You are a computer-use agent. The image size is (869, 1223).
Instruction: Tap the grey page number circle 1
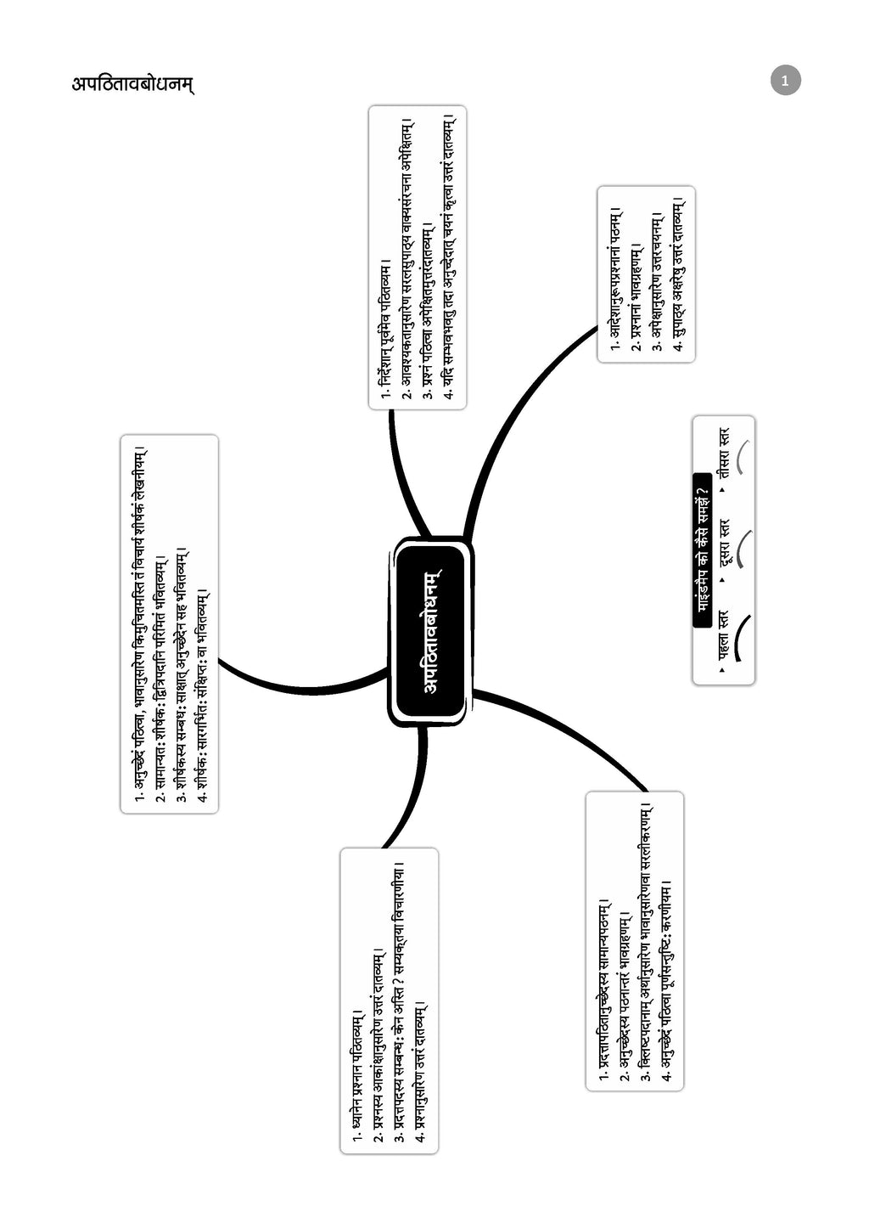785,80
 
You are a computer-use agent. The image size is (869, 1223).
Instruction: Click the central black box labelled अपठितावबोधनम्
431,630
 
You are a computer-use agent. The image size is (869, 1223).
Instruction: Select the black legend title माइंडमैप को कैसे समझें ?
703,550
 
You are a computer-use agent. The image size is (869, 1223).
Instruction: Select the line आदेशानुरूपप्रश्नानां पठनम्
614,279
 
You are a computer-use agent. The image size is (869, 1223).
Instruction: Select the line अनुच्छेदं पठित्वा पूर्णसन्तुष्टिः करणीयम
666,981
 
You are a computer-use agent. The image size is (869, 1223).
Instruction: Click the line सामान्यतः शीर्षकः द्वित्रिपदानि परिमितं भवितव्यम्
160,679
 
